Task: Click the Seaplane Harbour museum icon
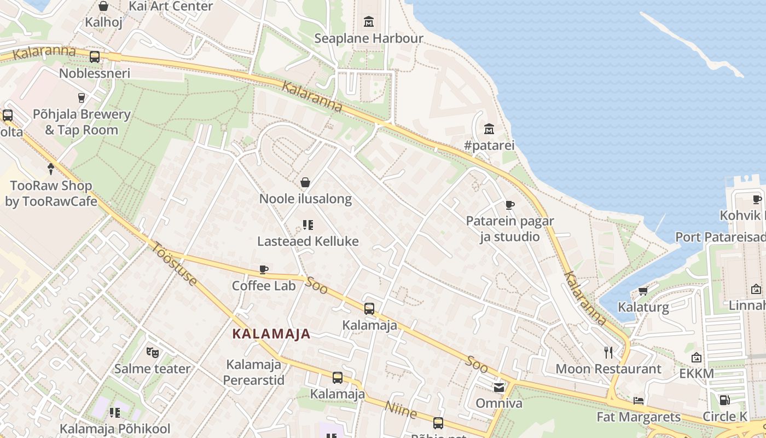(369, 22)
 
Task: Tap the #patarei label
(489, 146)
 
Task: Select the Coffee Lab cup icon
(264, 269)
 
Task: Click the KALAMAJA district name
(271, 333)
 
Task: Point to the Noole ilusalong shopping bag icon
(305, 182)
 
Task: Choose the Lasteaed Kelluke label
(307, 241)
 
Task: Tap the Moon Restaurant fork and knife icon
(608, 352)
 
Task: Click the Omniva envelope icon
(498, 388)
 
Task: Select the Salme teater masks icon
(152, 353)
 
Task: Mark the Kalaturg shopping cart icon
(643, 291)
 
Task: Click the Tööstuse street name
(174, 264)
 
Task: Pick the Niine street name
(401, 409)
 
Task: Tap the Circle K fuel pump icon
(724, 400)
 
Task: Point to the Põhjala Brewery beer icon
(82, 98)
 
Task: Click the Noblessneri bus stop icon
(95, 56)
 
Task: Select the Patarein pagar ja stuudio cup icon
(509, 205)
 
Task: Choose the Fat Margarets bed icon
(639, 401)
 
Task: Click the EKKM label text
(697, 373)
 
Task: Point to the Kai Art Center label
(170, 7)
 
